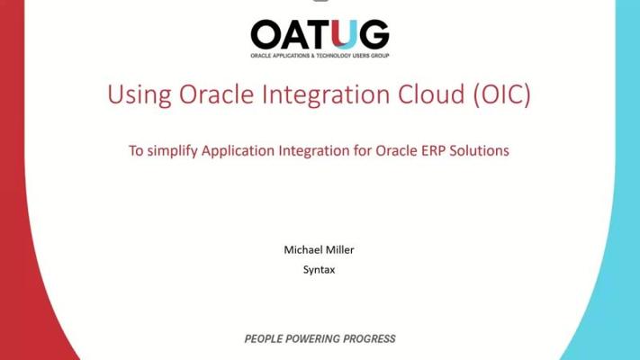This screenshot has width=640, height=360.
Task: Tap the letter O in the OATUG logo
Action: click(266, 34)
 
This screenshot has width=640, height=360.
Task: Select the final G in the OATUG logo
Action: click(374, 34)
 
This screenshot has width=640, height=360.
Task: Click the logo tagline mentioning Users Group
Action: click(320, 56)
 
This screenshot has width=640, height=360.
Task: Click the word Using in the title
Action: click(140, 95)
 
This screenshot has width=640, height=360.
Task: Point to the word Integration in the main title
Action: click(326, 95)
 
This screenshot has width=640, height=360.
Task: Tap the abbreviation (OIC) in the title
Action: click(502, 94)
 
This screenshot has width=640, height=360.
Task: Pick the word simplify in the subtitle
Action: click(172, 151)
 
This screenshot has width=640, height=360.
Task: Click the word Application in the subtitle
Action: click(238, 151)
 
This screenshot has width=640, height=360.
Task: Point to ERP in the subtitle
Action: click(434, 150)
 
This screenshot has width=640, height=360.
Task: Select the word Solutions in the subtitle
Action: click(480, 150)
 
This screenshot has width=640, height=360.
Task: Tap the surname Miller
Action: click(339, 250)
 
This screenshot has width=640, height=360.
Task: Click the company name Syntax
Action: click(320, 270)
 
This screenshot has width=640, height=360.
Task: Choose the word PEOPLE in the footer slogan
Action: click(264, 338)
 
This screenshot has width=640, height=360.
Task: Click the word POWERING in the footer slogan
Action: click(312, 338)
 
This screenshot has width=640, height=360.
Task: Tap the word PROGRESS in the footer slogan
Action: click(369, 338)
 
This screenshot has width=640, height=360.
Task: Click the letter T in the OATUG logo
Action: click(320, 34)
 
